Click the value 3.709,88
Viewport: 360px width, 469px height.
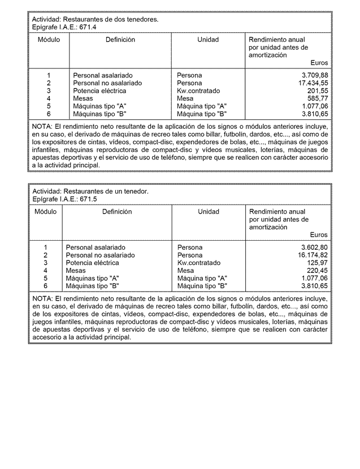pos(315,75)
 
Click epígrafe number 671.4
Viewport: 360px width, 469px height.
pos(87,27)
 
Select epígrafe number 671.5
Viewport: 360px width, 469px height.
pos(87,199)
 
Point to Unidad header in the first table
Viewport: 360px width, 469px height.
pos(208,40)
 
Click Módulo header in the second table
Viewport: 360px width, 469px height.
pos(45,212)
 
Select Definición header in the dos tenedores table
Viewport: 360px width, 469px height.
pos(120,40)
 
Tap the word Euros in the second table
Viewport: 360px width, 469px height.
pos(319,235)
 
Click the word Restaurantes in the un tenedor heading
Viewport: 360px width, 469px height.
pos(82,192)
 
